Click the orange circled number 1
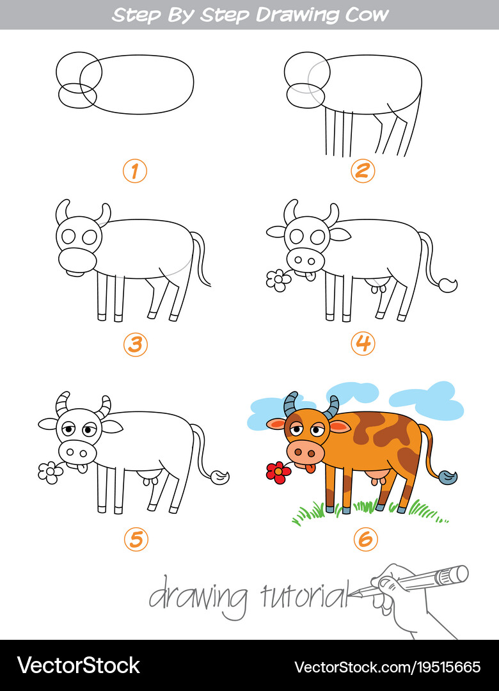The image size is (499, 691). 135,171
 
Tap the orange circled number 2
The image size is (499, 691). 363,171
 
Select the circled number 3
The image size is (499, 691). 136,344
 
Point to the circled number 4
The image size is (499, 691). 363,344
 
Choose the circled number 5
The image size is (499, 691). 136,539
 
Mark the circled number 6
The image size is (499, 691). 365,539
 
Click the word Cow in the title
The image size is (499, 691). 367,15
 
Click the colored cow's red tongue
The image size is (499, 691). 310,468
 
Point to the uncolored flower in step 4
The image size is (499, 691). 278,281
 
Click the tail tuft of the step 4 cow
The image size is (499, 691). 447,285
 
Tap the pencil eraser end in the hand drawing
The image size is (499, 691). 461,573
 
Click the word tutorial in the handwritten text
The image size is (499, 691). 304,595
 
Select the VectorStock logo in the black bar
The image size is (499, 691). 78,665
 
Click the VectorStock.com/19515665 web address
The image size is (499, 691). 387,667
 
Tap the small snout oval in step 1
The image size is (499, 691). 77,95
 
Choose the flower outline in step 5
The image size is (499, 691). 51,473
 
